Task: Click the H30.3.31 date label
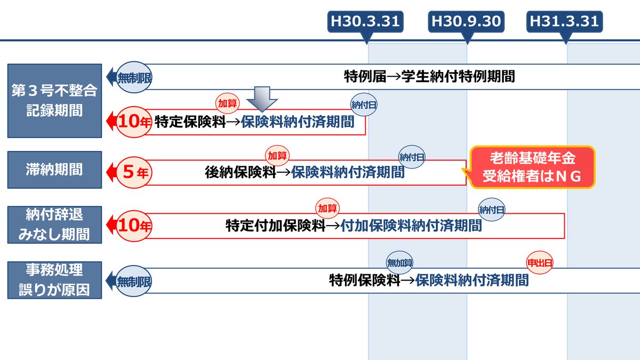click(x=365, y=21)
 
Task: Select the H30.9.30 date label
click(x=466, y=21)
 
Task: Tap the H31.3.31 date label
click(x=564, y=21)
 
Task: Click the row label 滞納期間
click(x=54, y=170)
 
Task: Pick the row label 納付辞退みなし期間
click(x=54, y=225)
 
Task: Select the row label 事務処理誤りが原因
click(x=54, y=279)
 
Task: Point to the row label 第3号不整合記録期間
click(x=54, y=101)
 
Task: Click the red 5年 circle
click(x=134, y=172)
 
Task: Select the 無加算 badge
click(x=400, y=262)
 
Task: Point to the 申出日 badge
click(x=540, y=262)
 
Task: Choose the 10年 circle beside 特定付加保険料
click(x=134, y=225)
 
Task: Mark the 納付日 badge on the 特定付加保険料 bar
click(x=492, y=209)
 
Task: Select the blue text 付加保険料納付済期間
click(x=411, y=226)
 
